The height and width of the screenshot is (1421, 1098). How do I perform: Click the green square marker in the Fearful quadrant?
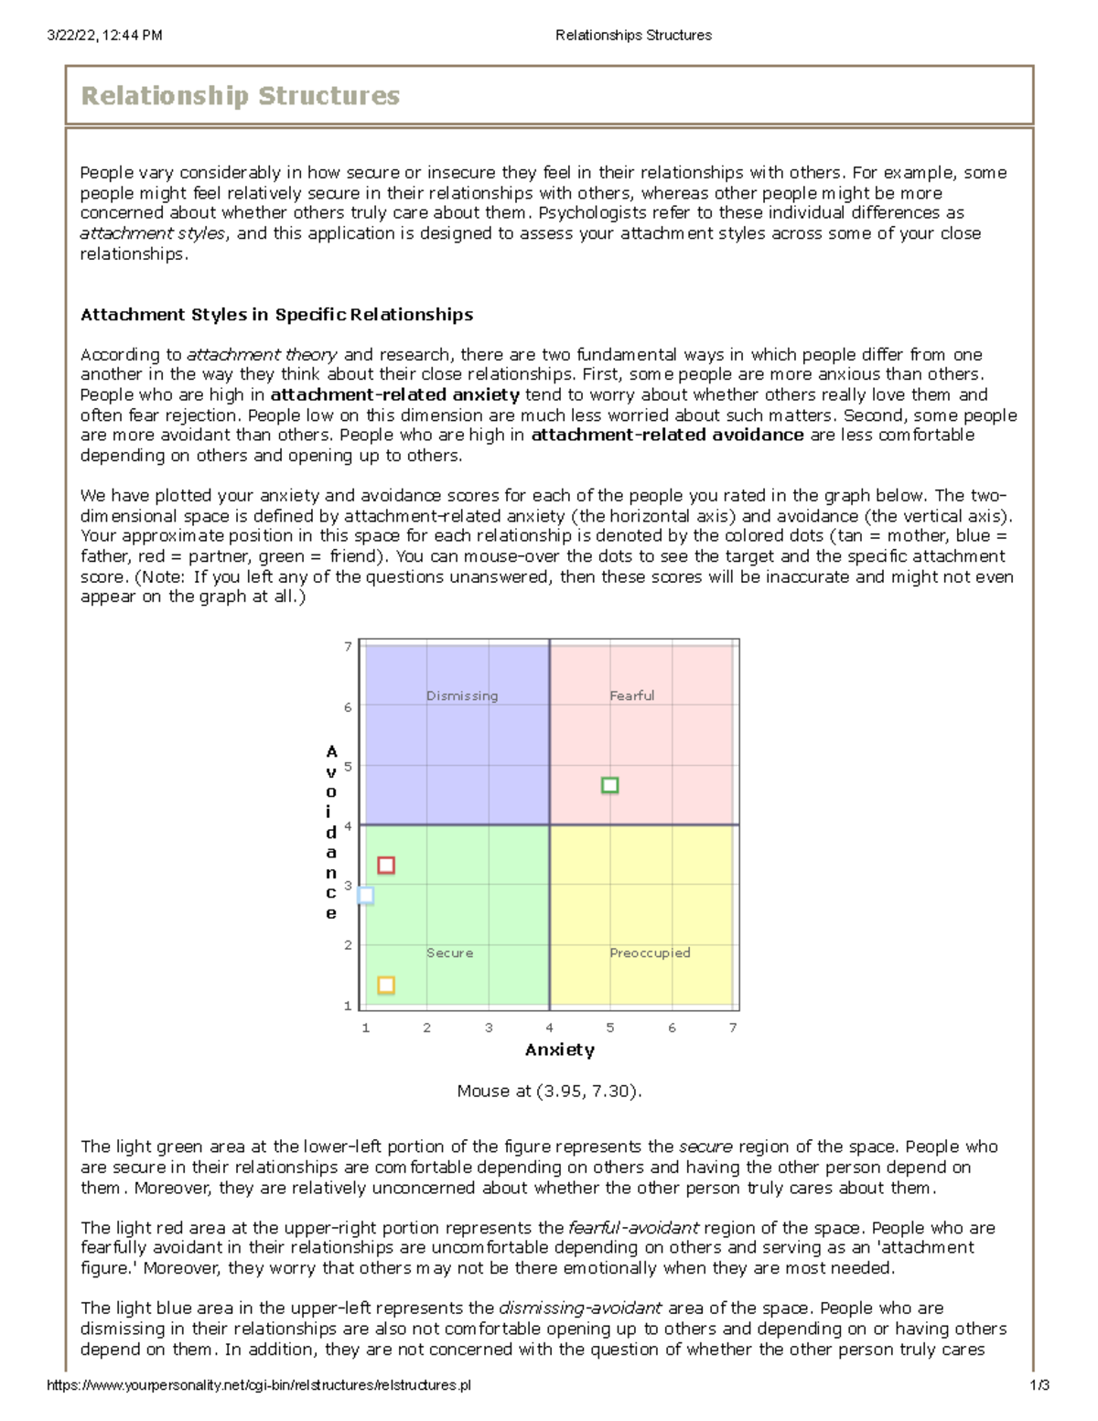610,785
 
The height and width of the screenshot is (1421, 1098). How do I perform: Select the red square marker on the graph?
386,865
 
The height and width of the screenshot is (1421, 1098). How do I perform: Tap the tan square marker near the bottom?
386,985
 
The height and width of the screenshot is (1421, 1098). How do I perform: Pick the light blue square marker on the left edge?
366,895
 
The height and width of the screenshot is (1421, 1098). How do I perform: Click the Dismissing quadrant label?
462,695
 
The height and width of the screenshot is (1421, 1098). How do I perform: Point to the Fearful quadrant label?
632,695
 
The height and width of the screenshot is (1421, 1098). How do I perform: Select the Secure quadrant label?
450,953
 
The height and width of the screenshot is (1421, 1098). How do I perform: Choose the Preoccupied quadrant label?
650,953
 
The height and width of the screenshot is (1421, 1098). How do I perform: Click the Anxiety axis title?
560,1050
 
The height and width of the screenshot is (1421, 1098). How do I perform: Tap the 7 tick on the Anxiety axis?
733,1028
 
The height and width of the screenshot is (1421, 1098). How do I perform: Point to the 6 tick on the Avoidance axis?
348,706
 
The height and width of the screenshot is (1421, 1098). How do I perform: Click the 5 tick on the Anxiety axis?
610,1028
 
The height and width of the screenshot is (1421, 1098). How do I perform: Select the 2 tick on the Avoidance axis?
348,945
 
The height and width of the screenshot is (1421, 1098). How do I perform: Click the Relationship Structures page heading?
241,96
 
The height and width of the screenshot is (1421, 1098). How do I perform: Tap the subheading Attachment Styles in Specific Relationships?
276,315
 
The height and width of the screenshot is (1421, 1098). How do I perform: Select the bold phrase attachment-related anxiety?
395,395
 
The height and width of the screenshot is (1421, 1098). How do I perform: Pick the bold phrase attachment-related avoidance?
667,436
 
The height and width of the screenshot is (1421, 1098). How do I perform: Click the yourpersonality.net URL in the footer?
259,1385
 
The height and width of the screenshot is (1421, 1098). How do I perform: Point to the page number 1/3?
1039,1385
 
